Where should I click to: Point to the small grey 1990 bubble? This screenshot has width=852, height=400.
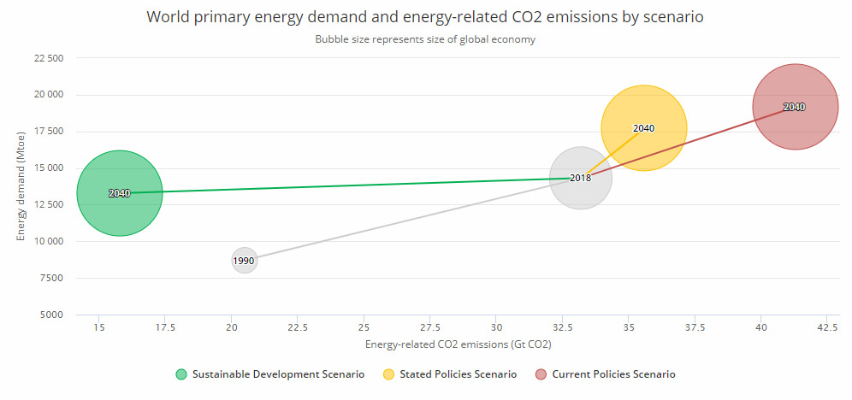tap(244, 261)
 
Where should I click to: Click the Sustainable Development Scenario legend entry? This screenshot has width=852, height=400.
tap(269, 374)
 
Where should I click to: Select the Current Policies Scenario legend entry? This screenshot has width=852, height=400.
tap(605, 374)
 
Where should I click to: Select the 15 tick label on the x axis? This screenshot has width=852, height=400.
tap(98, 328)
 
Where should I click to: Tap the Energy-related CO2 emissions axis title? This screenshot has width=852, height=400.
tap(457, 344)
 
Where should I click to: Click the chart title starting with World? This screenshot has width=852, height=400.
tap(425, 17)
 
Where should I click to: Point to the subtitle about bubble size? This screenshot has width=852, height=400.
tap(425, 40)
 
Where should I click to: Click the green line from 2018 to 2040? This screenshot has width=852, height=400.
tap(342, 185)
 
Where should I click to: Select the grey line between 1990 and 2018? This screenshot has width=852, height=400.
tap(411, 219)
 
